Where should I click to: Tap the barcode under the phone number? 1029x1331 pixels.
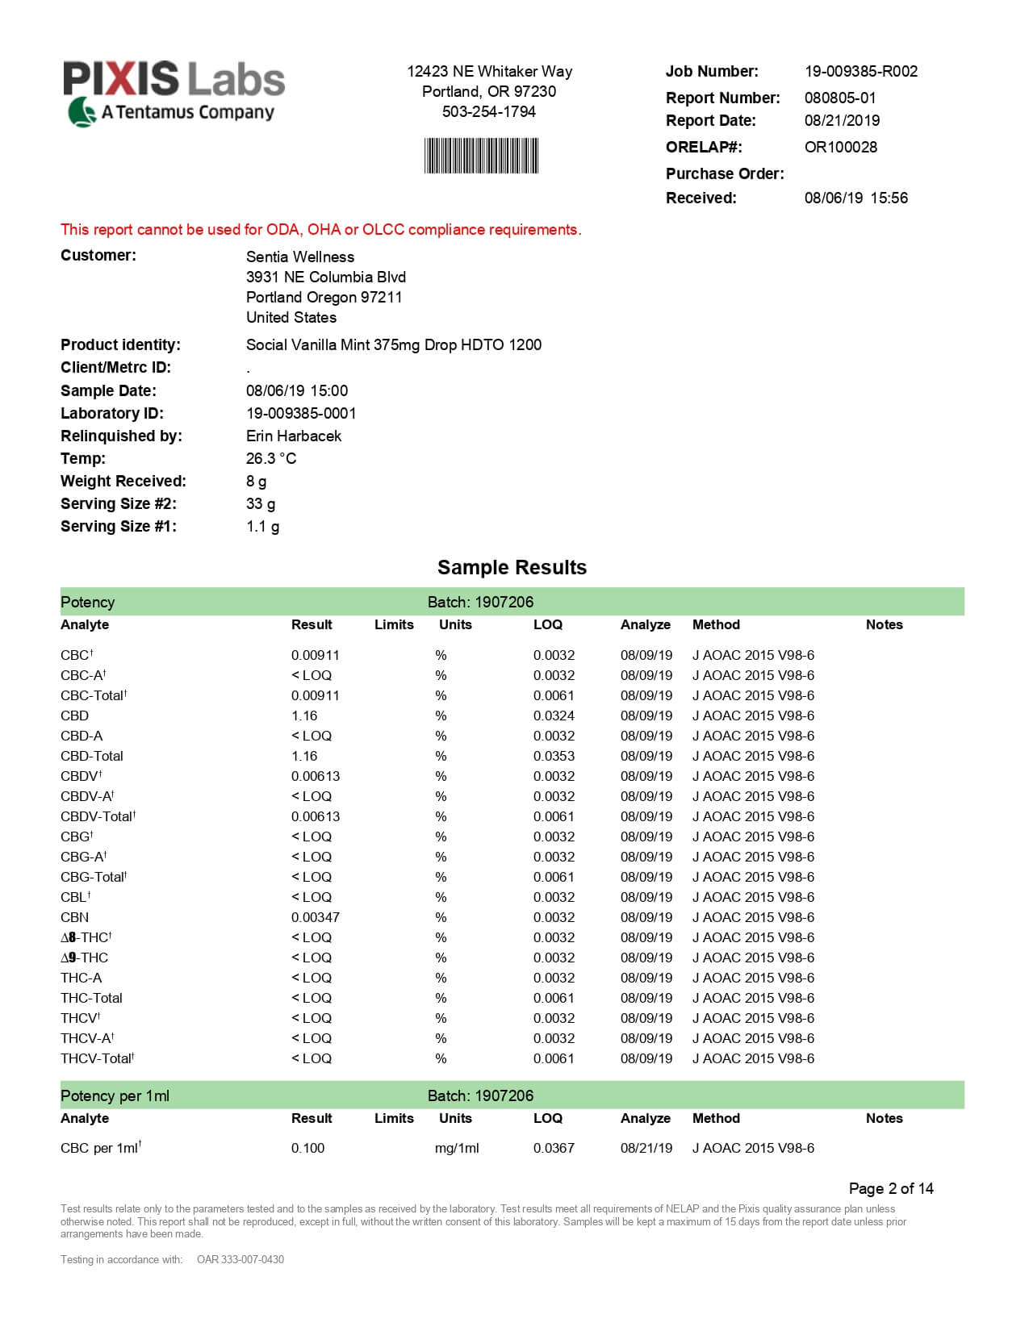tap(481, 156)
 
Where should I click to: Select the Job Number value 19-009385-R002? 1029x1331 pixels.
tap(860, 71)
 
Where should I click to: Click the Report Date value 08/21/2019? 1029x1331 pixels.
tap(842, 120)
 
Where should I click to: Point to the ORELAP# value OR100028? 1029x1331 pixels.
tap(840, 147)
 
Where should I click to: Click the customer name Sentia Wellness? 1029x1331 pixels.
tap(300, 257)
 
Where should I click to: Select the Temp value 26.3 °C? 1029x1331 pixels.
tap(271, 458)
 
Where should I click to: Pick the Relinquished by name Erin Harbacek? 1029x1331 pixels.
tap(294, 436)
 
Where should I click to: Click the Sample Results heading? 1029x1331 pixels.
tap(512, 567)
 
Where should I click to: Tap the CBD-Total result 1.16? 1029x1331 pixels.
tap(304, 756)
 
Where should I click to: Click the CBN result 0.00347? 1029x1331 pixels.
tap(316, 917)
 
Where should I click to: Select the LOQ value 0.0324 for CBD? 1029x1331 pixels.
tap(554, 716)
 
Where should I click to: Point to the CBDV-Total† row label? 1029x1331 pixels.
tap(98, 816)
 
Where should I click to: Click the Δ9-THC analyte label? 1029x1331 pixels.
tap(84, 958)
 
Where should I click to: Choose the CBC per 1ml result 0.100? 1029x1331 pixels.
tap(307, 1148)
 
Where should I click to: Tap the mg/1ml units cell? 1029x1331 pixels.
tap(457, 1148)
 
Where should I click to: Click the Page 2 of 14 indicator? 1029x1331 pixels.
tap(891, 1188)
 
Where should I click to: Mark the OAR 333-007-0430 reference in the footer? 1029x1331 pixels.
tap(241, 1259)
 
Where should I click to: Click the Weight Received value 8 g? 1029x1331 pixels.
tap(256, 481)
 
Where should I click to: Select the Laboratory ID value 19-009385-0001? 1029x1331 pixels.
tap(301, 413)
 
